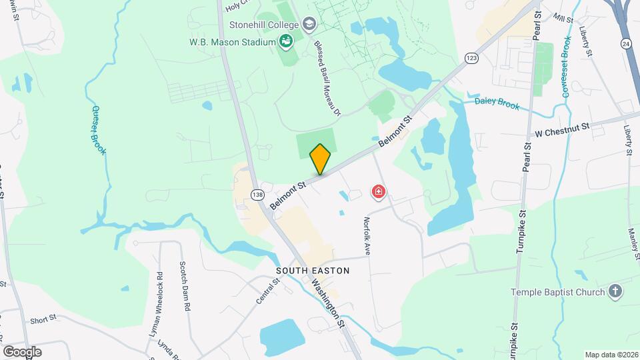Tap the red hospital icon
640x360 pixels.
[379, 193]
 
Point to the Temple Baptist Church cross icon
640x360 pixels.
[615, 291]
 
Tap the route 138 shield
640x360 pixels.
[258, 194]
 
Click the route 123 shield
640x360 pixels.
[472, 58]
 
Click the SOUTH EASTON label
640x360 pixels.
[313, 271]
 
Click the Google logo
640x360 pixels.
[22, 351]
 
